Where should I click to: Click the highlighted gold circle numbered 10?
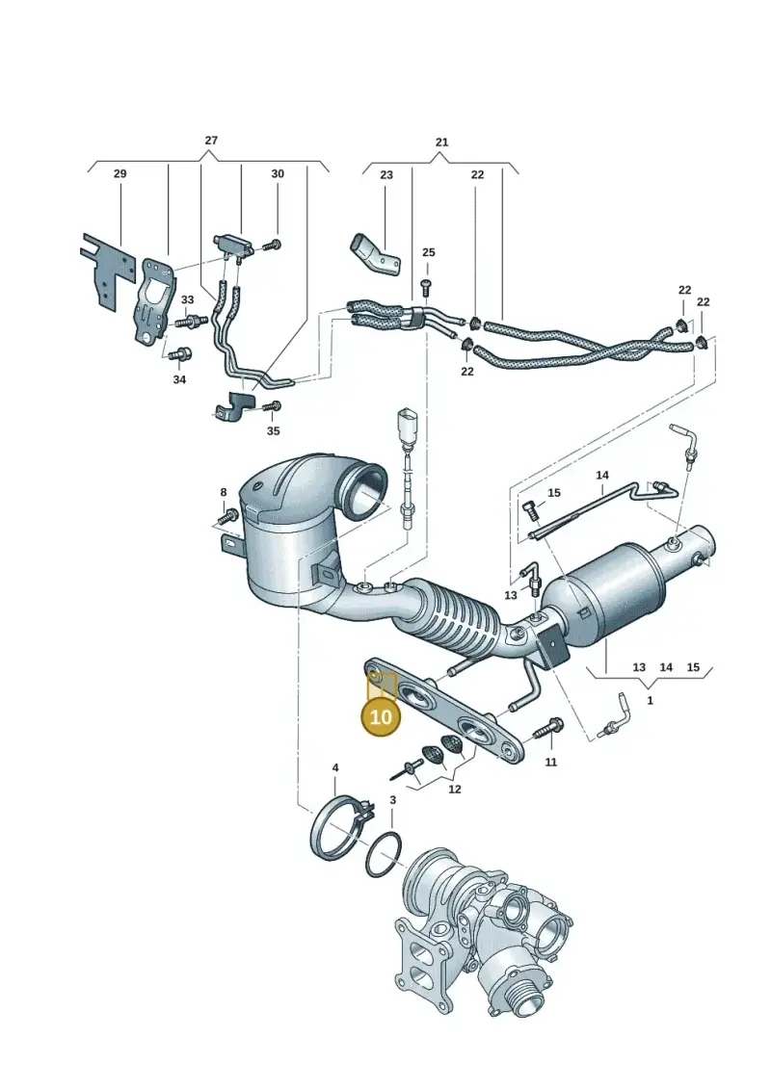pyautogui.click(x=381, y=715)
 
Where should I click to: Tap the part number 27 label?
pyautogui.click(x=211, y=141)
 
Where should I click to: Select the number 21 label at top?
pyautogui.click(x=442, y=143)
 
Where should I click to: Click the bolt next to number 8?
pyautogui.click(x=227, y=517)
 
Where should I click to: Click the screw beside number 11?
pyautogui.click(x=547, y=728)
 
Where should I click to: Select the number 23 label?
pyautogui.click(x=385, y=175)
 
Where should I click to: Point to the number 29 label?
pyautogui.click(x=120, y=173)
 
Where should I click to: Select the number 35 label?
pyautogui.click(x=273, y=431)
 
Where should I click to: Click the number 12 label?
pyautogui.click(x=455, y=790)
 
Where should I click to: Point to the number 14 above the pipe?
pyautogui.click(x=602, y=476)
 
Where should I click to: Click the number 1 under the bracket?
pyautogui.click(x=650, y=701)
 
